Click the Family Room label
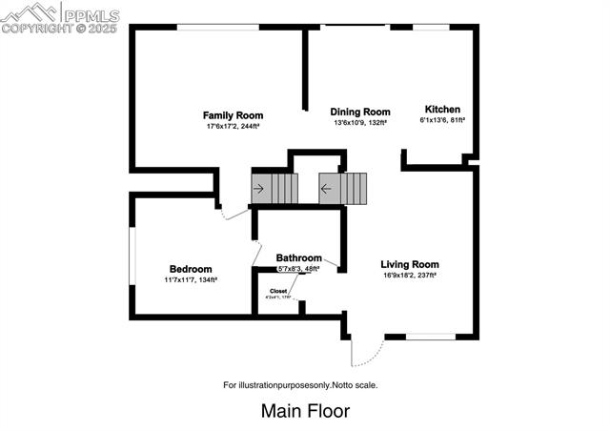pyautogui.click(x=233, y=115)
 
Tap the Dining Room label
pyautogui.click(x=360, y=112)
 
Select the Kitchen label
pyautogui.click(x=442, y=109)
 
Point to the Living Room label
pyautogui.click(x=409, y=264)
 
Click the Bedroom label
pyautogui.click(x=191, y=269)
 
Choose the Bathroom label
pyautogui.click(x=298, y=257)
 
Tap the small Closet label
pyautogui.click(x=278, y=291)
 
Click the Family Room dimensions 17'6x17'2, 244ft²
pyautogui.click(x=233, y=126)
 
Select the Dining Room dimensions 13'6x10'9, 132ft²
pyautogui.click(x=360, y=122)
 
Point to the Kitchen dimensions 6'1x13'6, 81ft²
pyautogui.click(x=442, y=120)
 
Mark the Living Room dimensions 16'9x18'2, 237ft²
pyautogui.click(x=409, y=275)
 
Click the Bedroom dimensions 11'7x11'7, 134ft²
pyautogui.click(x=191, y=279)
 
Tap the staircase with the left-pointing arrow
pyautogui.click(x=343, y=188)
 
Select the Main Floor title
pyautogui.click(x=305, y=411)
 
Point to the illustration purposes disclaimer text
pyautogui.click(x=300, y=385)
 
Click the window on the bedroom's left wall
pyautogui.click(x=132, y=257)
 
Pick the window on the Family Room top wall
pyautogui.click(x=218, y=28)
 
